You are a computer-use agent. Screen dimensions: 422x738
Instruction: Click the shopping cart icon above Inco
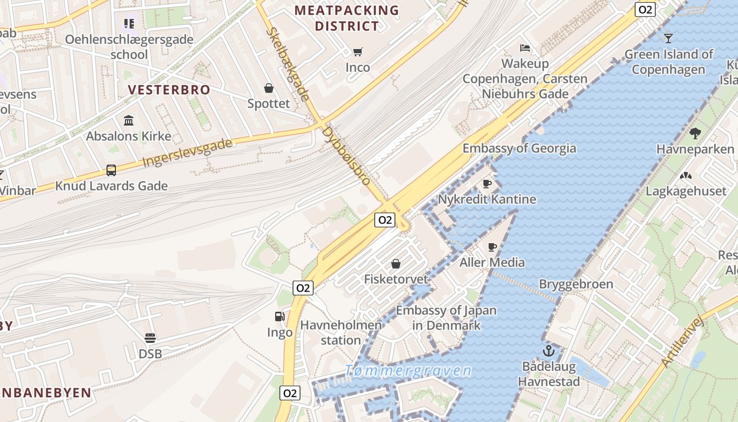point(358,52)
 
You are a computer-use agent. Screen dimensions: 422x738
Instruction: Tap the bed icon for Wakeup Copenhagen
point(525,48)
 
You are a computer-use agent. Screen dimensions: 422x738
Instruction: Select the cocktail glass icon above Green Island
point(668,38)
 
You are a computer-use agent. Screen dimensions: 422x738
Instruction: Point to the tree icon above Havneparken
point(695,133)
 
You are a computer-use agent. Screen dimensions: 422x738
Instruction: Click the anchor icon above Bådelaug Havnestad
point(549,350)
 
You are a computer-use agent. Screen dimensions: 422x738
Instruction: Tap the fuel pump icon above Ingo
point(280,316)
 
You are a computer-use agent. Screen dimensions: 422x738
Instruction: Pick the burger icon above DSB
point(150,338)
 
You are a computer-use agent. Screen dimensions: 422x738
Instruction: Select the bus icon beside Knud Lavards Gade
point(111,170)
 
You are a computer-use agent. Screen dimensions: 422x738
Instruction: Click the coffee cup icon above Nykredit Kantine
point(487,184)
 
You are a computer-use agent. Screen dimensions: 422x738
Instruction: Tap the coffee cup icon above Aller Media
point(492,247)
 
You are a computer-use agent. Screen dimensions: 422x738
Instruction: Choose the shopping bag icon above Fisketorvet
point(396,263)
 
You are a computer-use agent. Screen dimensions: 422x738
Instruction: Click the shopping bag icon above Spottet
point(269,88)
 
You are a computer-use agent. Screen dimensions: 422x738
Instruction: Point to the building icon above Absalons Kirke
point(129,120)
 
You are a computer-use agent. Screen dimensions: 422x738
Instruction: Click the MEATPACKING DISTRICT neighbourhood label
point(347,18)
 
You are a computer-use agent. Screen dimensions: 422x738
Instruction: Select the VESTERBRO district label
point(169,90)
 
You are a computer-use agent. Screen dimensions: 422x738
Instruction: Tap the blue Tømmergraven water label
point(408,370)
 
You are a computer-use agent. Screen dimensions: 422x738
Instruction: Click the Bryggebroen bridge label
point(576,284)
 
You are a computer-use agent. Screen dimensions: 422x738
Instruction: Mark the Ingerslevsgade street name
point(187,153)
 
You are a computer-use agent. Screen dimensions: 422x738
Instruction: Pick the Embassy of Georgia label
point(519,148)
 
